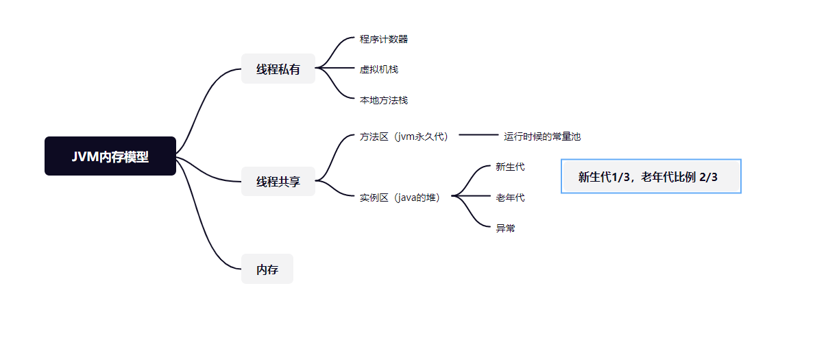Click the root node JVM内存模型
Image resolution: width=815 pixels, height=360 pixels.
(110, 156)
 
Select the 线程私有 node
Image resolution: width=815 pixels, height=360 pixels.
(278, 69)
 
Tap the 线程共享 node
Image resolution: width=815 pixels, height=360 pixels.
(278, 182)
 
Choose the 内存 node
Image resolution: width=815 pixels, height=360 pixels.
(267, 269)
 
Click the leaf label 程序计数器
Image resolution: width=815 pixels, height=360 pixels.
(384, 39)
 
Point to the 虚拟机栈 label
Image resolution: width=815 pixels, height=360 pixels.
(379, 69)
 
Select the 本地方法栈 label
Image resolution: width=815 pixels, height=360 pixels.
(384, 100)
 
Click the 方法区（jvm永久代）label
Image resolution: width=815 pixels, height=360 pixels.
(405, 136)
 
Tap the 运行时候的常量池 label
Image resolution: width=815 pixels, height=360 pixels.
(542, 136)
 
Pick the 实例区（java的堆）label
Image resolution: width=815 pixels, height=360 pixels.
(404, 197)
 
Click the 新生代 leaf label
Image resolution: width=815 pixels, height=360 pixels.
(510, 167)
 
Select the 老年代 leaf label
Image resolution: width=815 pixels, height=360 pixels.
(510, 197)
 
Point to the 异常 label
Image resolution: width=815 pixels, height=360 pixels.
(505, 228)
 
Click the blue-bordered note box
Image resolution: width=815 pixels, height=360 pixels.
(650, 176)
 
